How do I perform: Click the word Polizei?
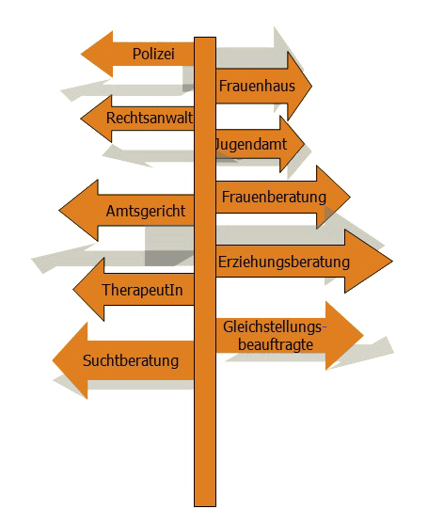point(153,54)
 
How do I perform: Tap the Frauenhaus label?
point(257,86)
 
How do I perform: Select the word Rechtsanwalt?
point(150,118)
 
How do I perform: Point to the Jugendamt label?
point(250,145)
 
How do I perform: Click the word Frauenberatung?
point(274,197)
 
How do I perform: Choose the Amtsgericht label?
point(146,212)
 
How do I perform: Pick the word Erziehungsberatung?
point(284,262)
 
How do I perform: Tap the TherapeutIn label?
point(143,290)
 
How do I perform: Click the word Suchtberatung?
point(131,360)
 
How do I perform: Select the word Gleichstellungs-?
point(275,326)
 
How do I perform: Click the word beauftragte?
point(276,344)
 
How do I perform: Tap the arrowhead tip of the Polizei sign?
point(81,54)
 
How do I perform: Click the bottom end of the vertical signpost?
point(205,505)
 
